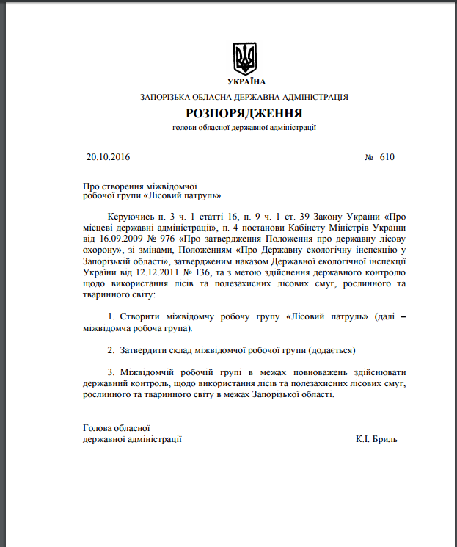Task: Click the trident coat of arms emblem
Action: click(x=245, y=57)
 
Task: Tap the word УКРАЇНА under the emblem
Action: click(x=245, y=81)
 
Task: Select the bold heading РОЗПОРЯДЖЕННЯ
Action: click(x=244, y=113)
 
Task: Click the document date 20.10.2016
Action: click(x=108, y=157)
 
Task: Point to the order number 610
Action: click(x=387, y=157)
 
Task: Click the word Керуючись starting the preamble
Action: click(x=130, y=217)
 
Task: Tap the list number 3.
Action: click(x=110, y=372)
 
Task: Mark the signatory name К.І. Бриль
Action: click(x=376, y=439)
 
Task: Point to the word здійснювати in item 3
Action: click(x=376, y=372)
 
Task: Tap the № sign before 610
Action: click(x=369, y=157)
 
